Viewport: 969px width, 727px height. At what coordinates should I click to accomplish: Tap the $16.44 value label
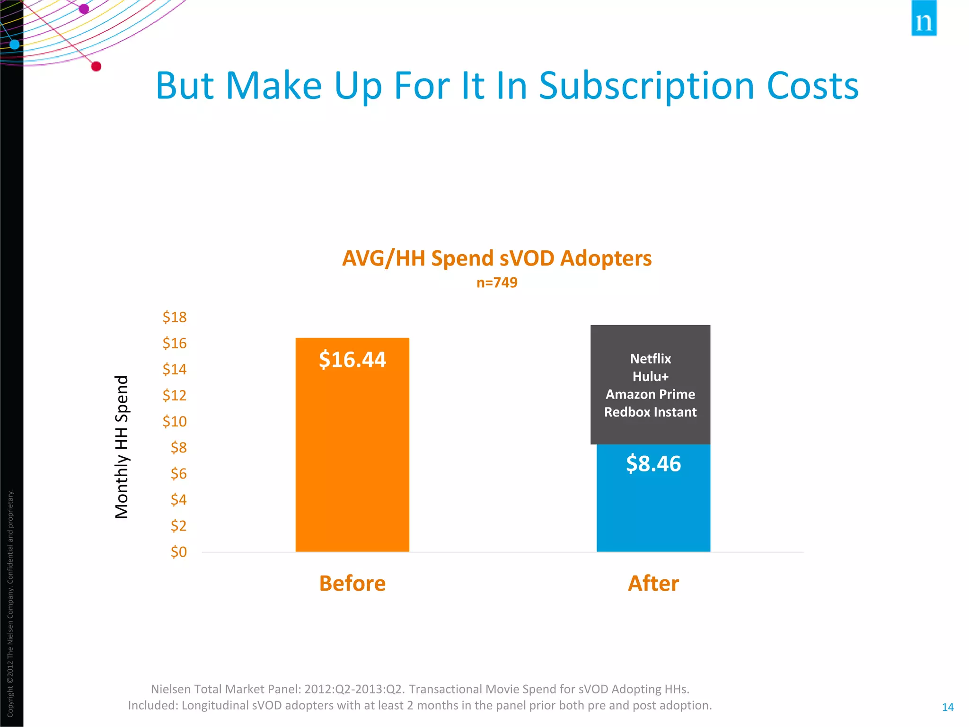point(352,359)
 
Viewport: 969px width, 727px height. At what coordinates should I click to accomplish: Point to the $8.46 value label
point(653,463)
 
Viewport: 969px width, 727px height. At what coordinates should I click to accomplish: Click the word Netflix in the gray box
point(650,359)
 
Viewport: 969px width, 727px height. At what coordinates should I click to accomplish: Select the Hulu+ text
point(650,377)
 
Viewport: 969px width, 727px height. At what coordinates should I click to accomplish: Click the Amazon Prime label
point(650,394)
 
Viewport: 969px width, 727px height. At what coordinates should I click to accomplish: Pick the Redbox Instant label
point(650,412)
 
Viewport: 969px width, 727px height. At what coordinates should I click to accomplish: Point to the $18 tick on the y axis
point(175,317)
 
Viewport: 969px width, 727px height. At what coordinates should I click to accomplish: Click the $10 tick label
point(175,421)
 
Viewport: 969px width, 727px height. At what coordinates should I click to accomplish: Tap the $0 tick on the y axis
point(179,552)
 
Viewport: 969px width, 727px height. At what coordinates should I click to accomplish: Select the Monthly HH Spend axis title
point(122,447)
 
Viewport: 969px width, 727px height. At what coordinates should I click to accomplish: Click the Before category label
point(352,583)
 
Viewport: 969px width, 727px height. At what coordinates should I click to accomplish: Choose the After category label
point(653,583)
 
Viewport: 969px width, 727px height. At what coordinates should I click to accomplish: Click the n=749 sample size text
point(497,283)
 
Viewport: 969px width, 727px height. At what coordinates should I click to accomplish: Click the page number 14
point(947,707)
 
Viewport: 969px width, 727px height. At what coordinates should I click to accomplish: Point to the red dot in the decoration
point(96,66)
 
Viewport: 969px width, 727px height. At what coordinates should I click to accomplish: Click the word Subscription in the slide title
point(646,86)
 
